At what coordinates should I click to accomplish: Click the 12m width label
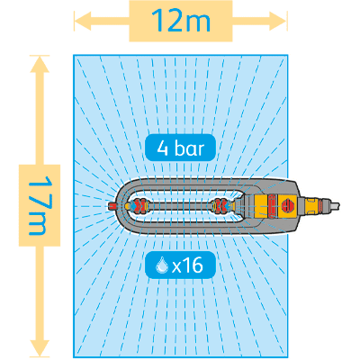[181, 21]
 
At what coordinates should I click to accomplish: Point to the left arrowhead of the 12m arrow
[83, 21]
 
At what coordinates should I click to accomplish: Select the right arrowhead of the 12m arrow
[278, 21]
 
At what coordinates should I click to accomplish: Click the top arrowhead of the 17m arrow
[40, 64]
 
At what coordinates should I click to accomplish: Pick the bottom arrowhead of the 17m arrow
[40, 349]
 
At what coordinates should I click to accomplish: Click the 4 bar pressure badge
[180, 148]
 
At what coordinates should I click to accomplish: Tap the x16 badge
[180, 265]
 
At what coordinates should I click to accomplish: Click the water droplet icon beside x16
[162, 265]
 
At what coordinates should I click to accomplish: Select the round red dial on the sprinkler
[288, 205]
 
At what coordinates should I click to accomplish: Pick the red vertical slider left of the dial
[273, 205]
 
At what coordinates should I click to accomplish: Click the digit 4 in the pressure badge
[162, 148]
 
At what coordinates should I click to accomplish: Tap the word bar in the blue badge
[189, 148]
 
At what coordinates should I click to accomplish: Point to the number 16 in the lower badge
[194, 265]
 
